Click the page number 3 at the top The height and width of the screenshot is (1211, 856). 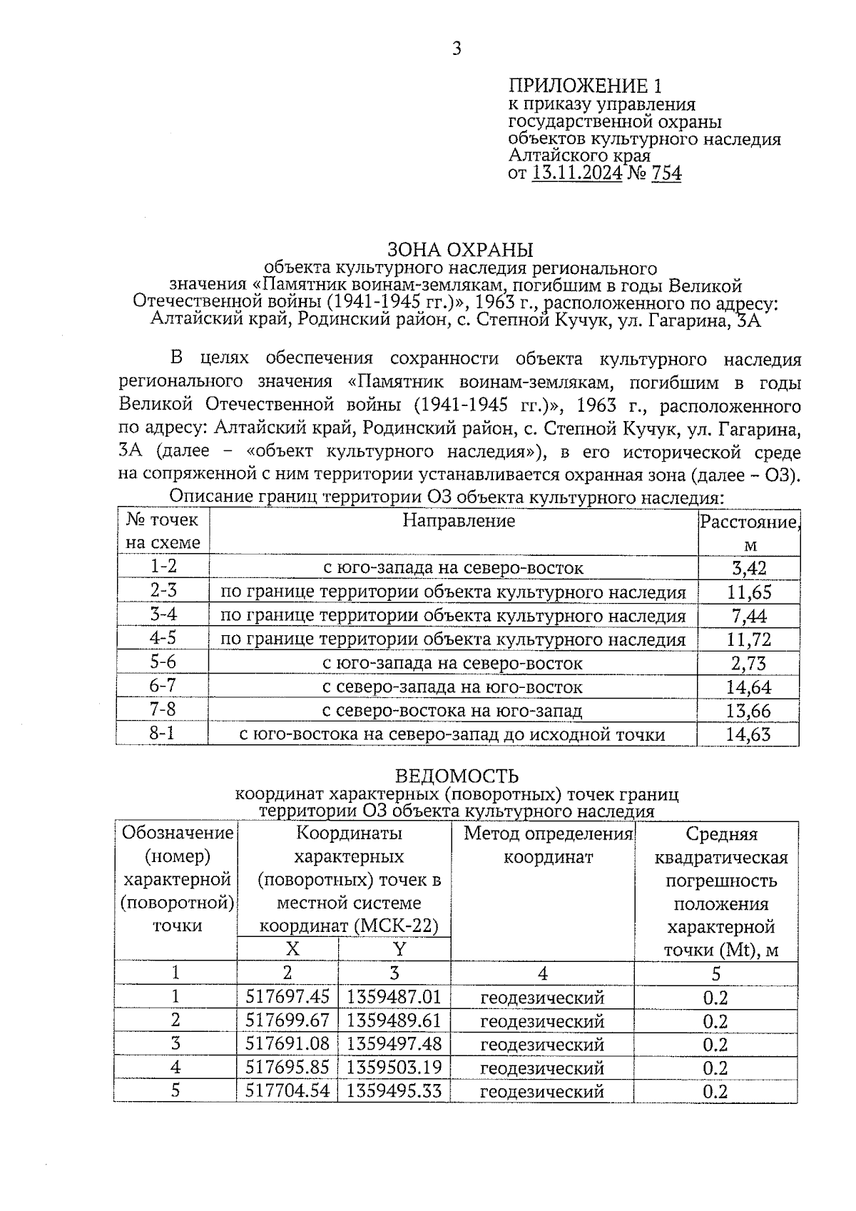[x=457, y=49]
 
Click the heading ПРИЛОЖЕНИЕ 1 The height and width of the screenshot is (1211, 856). [x=585, y=86]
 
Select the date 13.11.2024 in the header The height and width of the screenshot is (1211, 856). [x=577, y=173]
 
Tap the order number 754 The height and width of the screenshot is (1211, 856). [x=666, y=173]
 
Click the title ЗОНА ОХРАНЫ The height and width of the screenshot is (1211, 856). [x=460, y=250]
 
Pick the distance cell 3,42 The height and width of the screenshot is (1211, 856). [x=749, y=569]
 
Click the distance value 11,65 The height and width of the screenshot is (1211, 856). [x=749, y=592]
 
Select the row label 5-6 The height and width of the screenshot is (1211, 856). [x=163, y=662]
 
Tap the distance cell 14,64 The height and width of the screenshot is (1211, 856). [x=749, y=687]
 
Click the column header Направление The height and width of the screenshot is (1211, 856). [x=459, y=521]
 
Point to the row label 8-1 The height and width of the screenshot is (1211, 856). [x=163, y=734]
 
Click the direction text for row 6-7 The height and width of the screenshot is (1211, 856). [x=452, y=687]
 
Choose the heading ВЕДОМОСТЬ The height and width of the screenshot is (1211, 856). [x=457, y=776]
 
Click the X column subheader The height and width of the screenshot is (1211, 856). [x=292, y=950]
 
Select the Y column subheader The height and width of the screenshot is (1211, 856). [x=399, y=950]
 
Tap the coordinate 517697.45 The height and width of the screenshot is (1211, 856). [x=287, y=997]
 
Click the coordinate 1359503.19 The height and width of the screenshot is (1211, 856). [x=394, y=1068]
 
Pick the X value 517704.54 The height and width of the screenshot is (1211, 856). [x=287, y=1091]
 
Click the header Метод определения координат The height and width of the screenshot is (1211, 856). [x=549, y=846]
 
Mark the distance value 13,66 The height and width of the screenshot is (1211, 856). [x=749, y=711]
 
